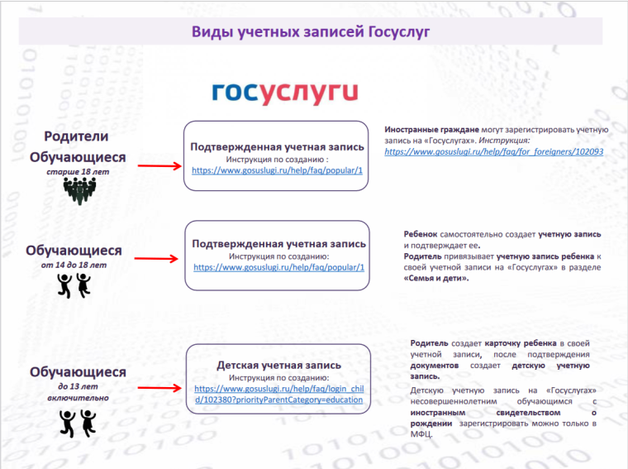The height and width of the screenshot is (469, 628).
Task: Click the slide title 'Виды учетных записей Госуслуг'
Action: (x=311, y=31)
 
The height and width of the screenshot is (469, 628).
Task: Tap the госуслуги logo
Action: (x=285, y=93)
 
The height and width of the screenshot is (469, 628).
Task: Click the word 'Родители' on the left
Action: (x=76, y=136)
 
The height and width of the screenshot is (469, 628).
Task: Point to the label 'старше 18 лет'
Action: (x=78, y=172)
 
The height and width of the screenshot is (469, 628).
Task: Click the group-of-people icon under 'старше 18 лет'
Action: (x=79, y=191)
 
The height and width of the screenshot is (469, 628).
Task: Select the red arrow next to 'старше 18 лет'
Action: (x=159, y=166)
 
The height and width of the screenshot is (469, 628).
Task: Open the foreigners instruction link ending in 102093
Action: (x=494, y=152)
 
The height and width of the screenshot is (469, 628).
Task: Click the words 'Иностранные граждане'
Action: (x=431, y=130)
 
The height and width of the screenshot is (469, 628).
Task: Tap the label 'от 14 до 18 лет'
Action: (x=74, y=265)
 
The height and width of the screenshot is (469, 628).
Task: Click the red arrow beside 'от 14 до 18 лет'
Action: (x=156, y=259)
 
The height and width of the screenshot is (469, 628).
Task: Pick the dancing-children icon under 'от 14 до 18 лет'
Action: (x=74, y=286)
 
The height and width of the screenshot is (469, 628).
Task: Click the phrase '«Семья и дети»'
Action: (x=436, y=278)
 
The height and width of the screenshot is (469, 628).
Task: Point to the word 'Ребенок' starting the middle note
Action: (x=420, y=235)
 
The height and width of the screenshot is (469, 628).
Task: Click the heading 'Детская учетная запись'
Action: (x=278, y=365)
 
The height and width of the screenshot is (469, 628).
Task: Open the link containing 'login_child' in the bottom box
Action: (x=279, y=394)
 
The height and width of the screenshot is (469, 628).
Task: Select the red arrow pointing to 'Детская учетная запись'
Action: (x=159, y=388)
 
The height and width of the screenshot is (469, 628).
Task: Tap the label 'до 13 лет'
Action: (x=78, y=386)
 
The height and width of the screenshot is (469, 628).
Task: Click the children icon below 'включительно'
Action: (x=78, y=424)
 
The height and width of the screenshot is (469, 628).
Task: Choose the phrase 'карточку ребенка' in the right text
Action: (x=521, y=343)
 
